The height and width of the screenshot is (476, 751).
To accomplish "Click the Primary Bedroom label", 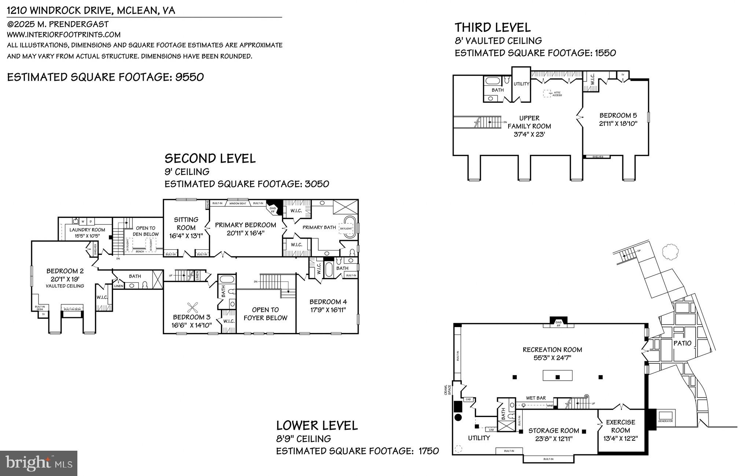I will tap(245, 225).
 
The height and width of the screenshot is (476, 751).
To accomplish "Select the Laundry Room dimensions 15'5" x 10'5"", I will tap(87, 236).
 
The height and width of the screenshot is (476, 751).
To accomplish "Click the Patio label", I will tap(682, 343).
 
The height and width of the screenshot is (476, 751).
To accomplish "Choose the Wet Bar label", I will tap(536, 398).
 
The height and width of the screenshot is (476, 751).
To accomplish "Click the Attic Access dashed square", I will tap(547, 94).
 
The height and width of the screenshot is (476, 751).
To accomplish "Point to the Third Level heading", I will tap(492, 28).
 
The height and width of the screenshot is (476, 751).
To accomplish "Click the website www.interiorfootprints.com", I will tap(64, 34).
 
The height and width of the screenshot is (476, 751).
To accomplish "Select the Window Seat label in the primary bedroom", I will tap(238, 203).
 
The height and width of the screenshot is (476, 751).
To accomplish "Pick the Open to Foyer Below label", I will tap(265, 314).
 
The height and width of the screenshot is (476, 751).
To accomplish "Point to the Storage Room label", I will tap(554, 431).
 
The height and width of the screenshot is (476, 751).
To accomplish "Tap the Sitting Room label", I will tap(186, 223).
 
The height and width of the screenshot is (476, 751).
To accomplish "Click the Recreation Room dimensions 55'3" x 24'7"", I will tap(552, 358).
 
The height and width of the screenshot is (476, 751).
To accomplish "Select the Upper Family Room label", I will tap(529, 122).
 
